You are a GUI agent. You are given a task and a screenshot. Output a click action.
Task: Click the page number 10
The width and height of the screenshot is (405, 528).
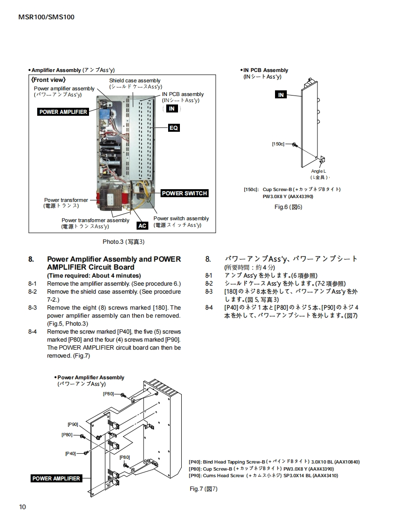coord(23,507)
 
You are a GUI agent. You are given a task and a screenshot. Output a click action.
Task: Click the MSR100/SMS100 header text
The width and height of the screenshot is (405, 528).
coord(46,17)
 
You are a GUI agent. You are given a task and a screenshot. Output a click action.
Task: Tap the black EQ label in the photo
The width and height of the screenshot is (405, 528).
coord(174,128)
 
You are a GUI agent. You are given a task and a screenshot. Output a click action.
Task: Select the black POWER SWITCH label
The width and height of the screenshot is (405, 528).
coord(184,193)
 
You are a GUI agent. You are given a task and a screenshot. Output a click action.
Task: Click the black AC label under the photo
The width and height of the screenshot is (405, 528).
coord(142,226)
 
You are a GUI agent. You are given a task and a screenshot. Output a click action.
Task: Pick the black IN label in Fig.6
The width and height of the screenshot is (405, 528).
coord(281,95)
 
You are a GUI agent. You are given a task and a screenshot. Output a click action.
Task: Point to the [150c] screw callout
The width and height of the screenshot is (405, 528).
coord(278,144)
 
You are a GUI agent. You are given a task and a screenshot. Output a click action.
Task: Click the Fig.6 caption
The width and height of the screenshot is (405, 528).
coord(288,207)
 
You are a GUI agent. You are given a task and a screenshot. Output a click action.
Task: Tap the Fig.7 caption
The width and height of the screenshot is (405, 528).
coord(203,489)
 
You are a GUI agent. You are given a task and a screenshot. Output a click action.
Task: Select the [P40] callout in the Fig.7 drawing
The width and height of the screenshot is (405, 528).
coord(71,453)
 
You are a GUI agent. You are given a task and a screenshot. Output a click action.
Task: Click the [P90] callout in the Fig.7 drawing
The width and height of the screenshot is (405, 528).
coord(73,424)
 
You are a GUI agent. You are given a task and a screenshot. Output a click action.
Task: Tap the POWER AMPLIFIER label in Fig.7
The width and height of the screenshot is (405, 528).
coord(56,479)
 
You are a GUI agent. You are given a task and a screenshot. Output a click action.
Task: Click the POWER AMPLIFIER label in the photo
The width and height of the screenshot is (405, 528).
coord(63,112)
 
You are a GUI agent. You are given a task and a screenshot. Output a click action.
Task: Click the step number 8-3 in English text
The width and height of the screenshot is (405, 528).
coord(32,308)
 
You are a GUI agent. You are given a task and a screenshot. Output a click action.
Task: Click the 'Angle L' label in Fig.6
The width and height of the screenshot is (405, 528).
coord(318,171)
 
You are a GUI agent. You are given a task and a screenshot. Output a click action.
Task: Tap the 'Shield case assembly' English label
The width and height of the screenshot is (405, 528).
coord(135,81)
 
